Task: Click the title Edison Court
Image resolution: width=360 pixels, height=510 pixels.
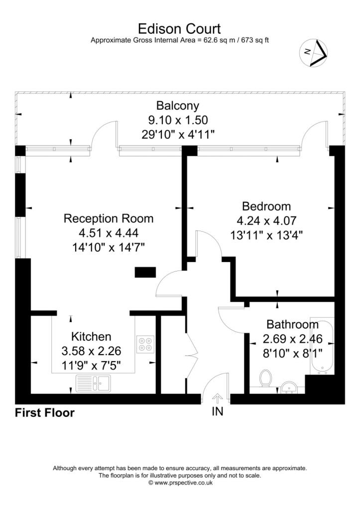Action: click(x=180, y=28)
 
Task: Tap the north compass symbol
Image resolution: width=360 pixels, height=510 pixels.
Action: click(x=313, y=53)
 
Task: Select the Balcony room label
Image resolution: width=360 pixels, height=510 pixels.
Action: click(x=178, y=106)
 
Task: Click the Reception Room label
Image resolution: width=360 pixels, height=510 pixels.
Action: click(x=109, y=218)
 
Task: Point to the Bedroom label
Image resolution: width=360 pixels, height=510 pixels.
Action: click(x=266, y=206)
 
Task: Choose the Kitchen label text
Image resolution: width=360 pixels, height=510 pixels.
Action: click(x=91, y=336)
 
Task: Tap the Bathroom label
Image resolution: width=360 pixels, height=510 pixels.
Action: click(x=292, y=324)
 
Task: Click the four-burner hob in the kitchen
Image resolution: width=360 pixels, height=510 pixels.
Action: click(x=145, y=344)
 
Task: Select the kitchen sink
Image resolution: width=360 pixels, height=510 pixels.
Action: click(x=93, y=383)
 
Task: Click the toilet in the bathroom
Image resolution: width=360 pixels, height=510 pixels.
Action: click(x=266, y=378)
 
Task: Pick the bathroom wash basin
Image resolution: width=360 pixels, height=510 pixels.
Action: click(x=288, y=387)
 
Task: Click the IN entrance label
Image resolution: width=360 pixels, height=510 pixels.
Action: click(x=218, y=411)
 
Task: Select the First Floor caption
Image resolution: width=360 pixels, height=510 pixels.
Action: click(x=45, y=413)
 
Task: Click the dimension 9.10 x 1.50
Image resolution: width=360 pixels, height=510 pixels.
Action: click(x=178, y=120)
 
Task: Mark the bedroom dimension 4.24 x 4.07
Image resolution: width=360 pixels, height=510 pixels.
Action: click(x=266, y=221)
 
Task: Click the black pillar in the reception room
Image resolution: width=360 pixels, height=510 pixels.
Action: click(x=145, y=272)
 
